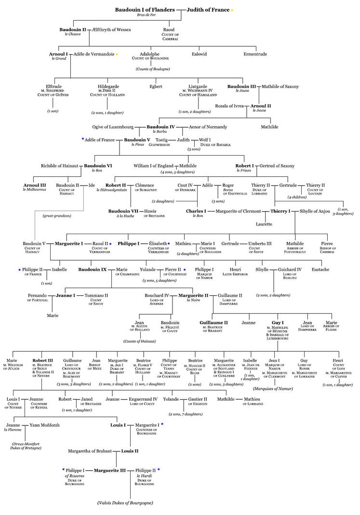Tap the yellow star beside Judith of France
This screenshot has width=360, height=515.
click(x=232, y=10)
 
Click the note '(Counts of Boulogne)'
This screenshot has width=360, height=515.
click(x=152, y=69)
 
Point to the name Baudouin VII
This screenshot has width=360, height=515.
click(x=123, y=211)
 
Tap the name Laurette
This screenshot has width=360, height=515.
click(x=264, y=224)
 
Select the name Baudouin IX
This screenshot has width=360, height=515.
click(x=93, y=269)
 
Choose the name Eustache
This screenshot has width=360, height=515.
click(x=320, y=269)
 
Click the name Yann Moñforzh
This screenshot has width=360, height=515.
click(x=44, y=425)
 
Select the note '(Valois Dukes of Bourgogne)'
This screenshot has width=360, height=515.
click(x=125, y=503)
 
